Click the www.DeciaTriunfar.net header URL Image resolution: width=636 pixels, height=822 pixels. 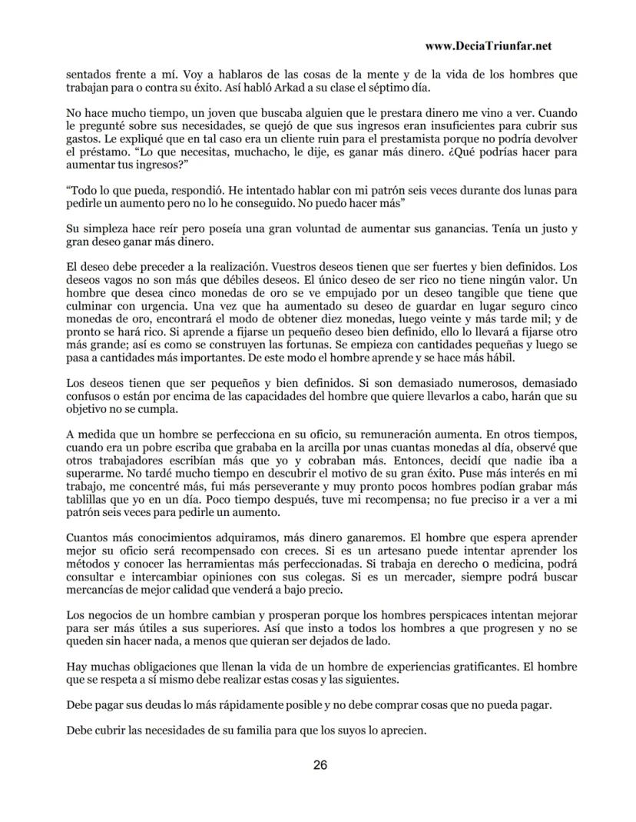click(488, 45)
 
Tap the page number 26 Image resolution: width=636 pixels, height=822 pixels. click(320, 765)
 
